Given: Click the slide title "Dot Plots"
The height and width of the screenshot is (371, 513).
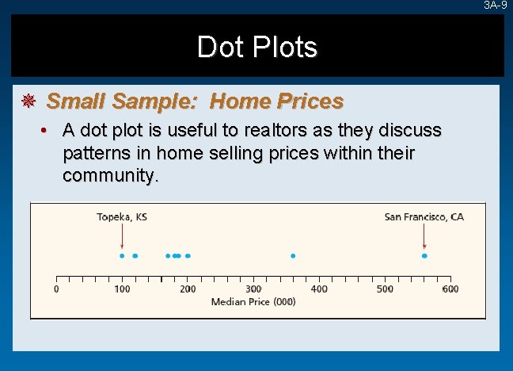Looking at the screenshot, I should [256, 48].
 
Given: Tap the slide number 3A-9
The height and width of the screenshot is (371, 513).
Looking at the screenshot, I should [496, 6].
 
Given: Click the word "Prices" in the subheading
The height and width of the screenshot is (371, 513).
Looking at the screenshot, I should [310, 101].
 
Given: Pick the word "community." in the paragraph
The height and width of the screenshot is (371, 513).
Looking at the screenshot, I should [110, 174].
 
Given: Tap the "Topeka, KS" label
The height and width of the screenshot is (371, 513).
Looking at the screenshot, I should [122, 216].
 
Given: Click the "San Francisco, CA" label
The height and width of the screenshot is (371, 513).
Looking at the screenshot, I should [424, 216].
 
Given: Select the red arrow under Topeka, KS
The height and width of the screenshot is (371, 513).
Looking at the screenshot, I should [122, 236].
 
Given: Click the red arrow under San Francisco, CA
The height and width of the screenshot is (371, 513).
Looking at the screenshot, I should [424, 236].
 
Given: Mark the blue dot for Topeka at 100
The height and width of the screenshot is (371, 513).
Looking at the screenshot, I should [122, 255].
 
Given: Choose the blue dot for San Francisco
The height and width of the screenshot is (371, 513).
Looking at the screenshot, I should [424, 255].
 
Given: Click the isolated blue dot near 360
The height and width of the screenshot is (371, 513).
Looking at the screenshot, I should [293, 255].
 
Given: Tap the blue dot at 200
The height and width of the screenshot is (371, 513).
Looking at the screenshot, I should [188, 255].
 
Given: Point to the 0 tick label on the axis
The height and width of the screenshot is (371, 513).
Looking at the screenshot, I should [56, 289].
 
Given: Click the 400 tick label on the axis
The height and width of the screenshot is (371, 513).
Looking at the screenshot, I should [319, 289].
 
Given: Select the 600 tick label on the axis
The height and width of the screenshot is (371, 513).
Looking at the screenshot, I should [450, 289].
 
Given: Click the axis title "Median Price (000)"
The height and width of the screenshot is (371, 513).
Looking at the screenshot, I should [253, 302].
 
